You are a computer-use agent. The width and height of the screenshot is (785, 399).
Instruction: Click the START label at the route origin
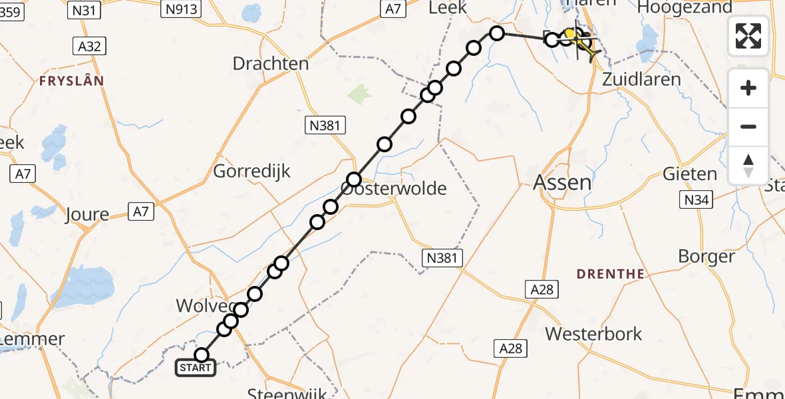196,368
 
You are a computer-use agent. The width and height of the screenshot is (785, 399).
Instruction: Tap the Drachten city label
271,64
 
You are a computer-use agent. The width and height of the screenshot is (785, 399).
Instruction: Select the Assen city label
563,182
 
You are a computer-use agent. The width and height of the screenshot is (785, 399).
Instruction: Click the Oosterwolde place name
394,188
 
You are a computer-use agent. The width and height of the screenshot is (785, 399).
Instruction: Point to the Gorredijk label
252,171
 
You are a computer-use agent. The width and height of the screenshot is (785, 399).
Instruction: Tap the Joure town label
87,214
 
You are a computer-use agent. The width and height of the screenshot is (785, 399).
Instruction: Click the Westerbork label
594,333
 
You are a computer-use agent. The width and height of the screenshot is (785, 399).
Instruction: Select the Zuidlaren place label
641,79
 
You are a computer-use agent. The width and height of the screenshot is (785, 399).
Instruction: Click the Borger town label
706,256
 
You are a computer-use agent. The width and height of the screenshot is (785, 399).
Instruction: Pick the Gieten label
690,174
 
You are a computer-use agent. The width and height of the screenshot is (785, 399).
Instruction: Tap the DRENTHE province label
611,273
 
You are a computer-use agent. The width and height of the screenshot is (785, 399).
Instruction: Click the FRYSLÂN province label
72,80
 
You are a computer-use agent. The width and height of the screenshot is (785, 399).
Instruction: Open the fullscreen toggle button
748,36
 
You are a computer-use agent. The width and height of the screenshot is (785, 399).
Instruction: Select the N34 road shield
695,199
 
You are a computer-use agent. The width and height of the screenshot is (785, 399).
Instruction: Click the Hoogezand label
685,7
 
